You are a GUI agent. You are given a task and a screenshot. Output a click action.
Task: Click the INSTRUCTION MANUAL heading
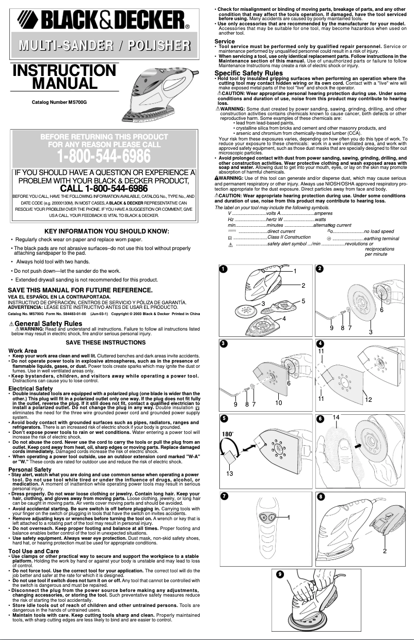point(64,76)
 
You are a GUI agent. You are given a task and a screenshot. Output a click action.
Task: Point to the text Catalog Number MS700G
point(59,103)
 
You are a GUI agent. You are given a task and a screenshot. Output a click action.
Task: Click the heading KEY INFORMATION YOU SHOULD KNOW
point(107,231)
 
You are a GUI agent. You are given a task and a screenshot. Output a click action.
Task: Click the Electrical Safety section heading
point(30,388)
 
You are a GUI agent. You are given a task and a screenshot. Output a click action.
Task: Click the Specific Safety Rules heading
point(248,73)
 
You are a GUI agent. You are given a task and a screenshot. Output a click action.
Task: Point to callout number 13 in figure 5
point(230,473)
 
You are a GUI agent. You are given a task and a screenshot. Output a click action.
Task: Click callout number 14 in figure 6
point(336,417)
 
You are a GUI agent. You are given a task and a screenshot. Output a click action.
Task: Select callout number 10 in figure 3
point(278,402)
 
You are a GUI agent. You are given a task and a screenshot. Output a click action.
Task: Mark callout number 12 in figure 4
point(368,399)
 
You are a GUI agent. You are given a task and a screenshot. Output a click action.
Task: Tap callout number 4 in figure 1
point(284,318)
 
